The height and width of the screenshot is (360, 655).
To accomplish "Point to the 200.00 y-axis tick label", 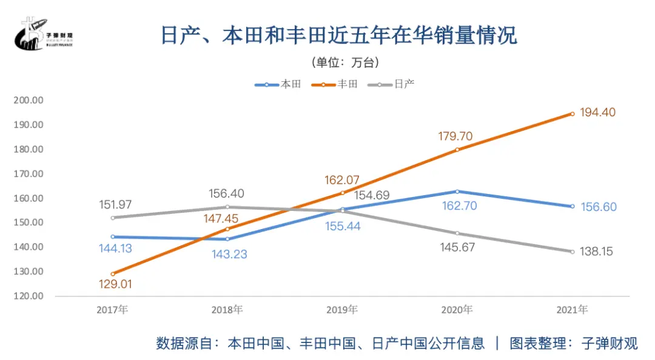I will point(29,101).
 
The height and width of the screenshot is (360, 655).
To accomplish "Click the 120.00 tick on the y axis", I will point(29,296).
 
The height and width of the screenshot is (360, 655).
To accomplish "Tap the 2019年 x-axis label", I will point(342,310).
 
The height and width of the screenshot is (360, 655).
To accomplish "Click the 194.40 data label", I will point(597,112).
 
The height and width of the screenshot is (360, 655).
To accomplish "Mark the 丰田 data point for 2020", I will point(457,150).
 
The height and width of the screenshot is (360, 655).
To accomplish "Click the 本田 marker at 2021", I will point(572,206).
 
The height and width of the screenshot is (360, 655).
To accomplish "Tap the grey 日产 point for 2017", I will point(112,218).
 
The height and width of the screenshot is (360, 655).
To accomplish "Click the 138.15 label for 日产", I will point(597,252).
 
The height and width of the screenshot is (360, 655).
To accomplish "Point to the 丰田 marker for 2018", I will point(227,229).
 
